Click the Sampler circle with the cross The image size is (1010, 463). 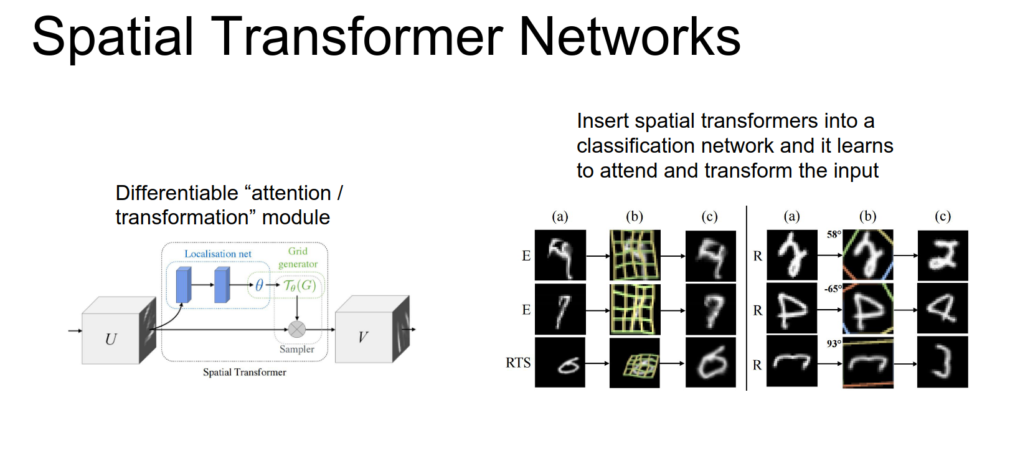[x=297, y=329]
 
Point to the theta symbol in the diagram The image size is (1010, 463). [x=259, y=285]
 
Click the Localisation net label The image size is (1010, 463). [x=218, y=254]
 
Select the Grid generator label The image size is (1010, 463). [x=298, y=257]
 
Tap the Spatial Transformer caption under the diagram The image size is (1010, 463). [x=244, y=372]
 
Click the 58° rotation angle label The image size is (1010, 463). [x=833, y=234]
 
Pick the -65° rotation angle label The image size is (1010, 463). [x=832, y=289]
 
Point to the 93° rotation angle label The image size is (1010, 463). [x=833, y=343]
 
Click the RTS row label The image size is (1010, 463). [x=518, y=363]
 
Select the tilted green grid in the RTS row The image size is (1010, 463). [x=635, y=363]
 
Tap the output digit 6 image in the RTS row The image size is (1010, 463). [x=710, y=363]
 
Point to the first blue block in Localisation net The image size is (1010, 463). [x=184, y=285]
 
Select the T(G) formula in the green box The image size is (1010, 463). [x=300, y=285]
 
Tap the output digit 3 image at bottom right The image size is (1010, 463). [x=942, y=362]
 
